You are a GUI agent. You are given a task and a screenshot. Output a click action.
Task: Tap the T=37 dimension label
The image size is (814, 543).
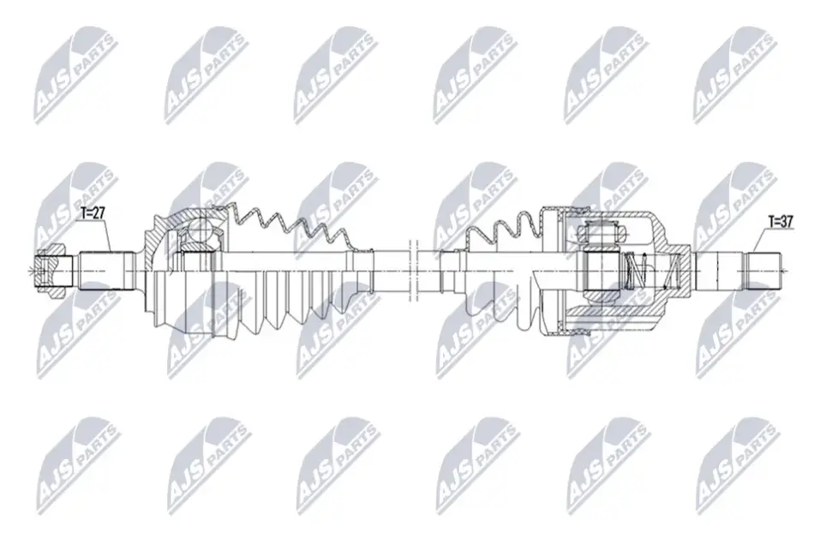coord(781,222)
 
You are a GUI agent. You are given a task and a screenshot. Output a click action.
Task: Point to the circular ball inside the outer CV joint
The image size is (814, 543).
coord(199,229)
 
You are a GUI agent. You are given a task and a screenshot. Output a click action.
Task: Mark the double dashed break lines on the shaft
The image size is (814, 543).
coord(413,271)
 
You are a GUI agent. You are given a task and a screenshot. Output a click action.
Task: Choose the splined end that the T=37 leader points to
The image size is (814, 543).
coord(764,271)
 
